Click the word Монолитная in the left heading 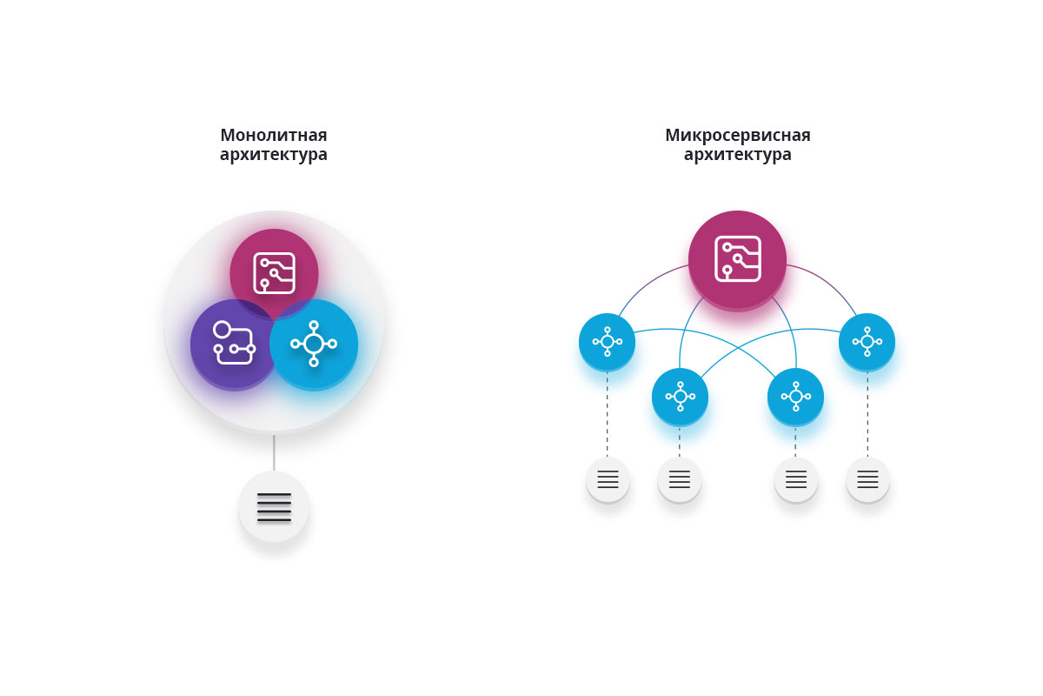(x=273, y=135)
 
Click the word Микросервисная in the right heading (x=738, y=135)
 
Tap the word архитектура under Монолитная (x=273, y=155)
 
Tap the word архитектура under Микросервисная (x=738, y=155)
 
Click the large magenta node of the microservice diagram (x=738, y=260)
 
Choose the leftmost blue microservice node (x=608, y=342)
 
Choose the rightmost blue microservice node (x=867, y=342)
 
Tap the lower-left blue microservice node (x=681, y=397)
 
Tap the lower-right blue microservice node (x=796, y=397)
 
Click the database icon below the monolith (x=275, y=506)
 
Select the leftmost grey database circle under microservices (x=608, y=479)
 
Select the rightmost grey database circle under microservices (x=868, y=479)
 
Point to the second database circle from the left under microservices (x=680, y=479)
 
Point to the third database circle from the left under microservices (x=796, y=479)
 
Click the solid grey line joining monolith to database (x=274, y=452)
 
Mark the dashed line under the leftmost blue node (x=608, y=414)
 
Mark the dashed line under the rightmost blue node (x=867, y=414)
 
